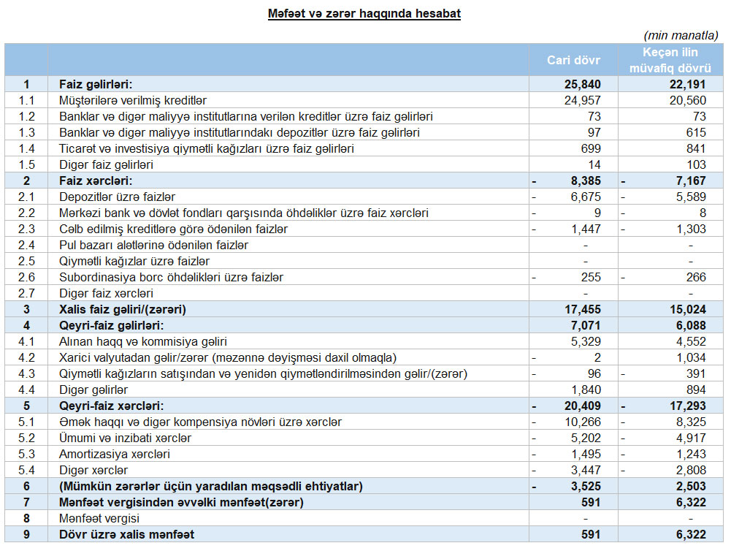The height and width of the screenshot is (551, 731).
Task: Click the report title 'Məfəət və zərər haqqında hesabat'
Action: tap(364, 13)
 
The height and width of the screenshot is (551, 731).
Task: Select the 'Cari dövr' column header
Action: tap(573, 60)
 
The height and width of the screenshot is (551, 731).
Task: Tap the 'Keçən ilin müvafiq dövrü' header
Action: tap(670, 60)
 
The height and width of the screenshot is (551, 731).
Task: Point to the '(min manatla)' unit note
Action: tap(681, 35)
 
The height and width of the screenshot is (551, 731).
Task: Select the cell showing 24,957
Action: tap(582, 100)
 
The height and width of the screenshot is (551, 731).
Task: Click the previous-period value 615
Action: tap(696, 132)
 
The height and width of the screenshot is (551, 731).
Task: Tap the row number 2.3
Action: tap(27, 229)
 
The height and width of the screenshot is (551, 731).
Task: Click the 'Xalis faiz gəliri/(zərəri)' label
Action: tap(123, 309)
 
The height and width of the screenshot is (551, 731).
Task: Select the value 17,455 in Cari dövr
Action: tap(582, 309)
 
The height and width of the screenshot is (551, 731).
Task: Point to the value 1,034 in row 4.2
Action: tap(691, 357)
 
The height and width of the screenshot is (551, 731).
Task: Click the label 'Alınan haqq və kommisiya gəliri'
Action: tap(143, 341)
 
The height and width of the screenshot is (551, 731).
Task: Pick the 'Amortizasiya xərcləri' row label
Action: tap(115, 454)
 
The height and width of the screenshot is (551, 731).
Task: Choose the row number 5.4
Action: tap(27, 470)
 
